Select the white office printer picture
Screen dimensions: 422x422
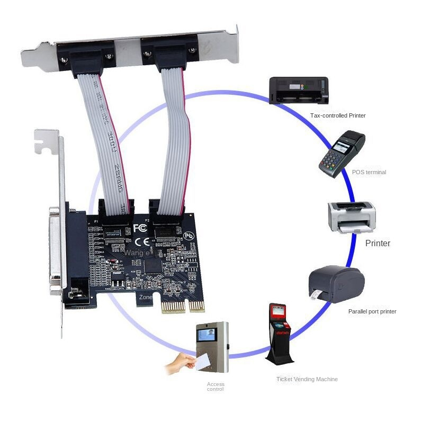(352, 217)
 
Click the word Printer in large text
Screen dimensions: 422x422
(378, 244)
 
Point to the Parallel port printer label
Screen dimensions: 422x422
(372, 311)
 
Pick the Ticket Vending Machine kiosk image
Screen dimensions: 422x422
(279, 334)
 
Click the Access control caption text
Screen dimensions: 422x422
(216, 387)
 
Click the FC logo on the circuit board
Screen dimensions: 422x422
(140, 228)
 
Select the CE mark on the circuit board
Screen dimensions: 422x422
(141, 243)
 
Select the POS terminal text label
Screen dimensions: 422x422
(369, 172)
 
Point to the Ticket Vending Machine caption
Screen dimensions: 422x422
(307, 379)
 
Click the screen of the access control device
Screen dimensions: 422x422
(206, 335)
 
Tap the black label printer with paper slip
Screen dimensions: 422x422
(336, 284)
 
